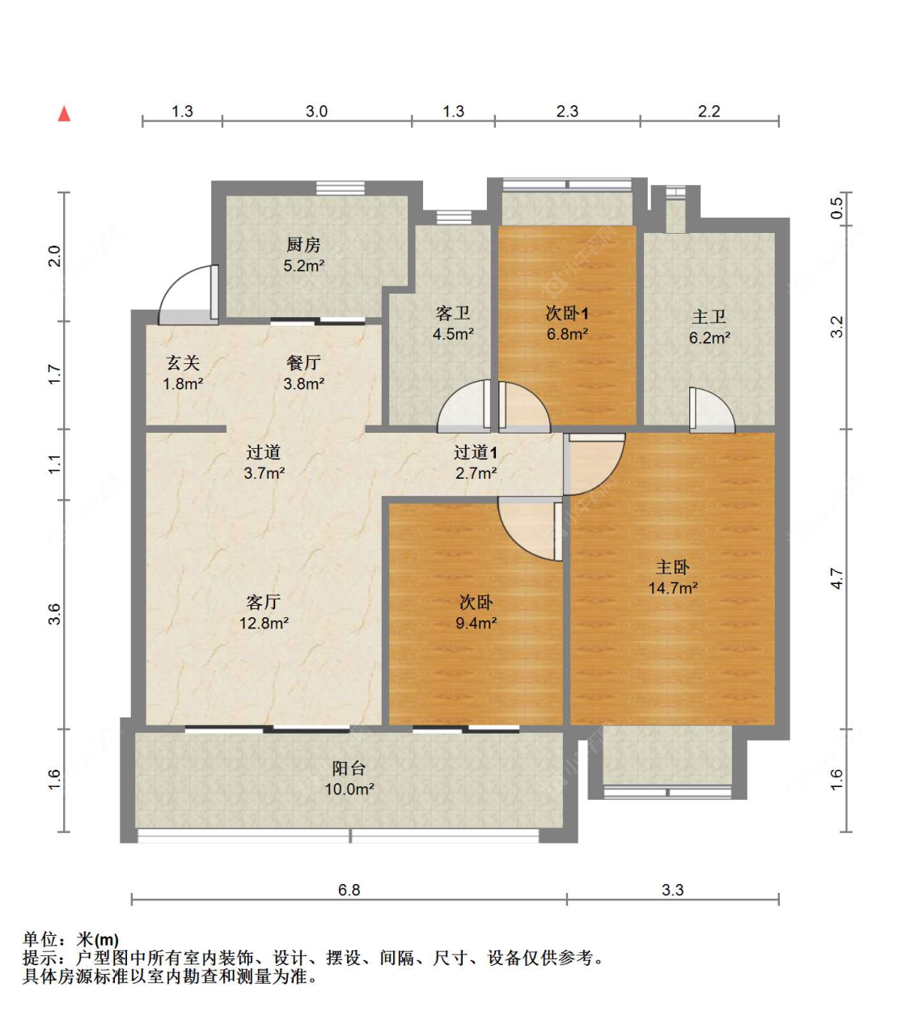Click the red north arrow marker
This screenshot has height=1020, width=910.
pos(64,114)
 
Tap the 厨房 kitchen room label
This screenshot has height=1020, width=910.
pos(303,244)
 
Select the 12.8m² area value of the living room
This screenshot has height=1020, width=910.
pos(264,624)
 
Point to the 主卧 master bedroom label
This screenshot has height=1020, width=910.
pos(672,567)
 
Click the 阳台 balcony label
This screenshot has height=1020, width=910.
pos(349,768)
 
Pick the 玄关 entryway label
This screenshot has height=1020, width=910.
pos(183,363)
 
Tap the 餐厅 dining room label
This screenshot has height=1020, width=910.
pos(303,363)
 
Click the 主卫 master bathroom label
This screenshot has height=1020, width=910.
pos(709,317)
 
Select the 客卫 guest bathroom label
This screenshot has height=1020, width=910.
pos(453,313)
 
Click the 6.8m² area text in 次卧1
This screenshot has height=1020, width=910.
pos(567,334)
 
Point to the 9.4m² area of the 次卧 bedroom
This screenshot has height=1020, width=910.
pos(476,624)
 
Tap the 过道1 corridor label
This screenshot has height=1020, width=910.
pos(475,452)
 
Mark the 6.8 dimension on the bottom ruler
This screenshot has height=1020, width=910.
pos(349,890)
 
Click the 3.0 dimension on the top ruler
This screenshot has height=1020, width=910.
pos(316,112)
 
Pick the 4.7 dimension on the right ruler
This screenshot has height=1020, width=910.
pos(836,578)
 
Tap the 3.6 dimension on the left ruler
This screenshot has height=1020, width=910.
pos(54,614)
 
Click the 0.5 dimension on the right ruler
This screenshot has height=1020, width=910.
pos(836,208)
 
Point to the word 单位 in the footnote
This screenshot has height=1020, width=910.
pos(40,939)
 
